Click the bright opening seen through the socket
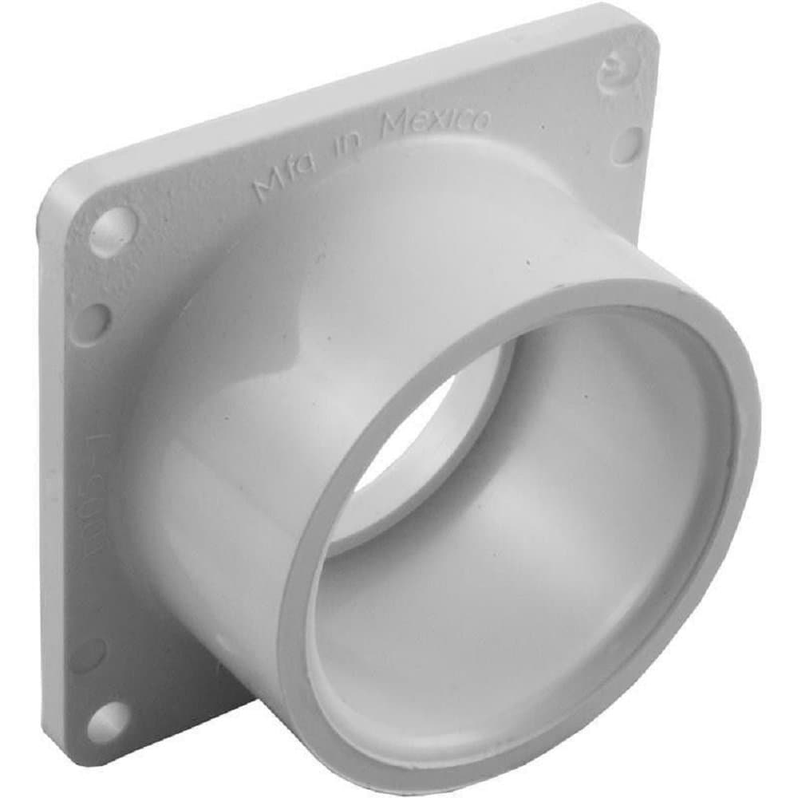click(415, 455)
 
